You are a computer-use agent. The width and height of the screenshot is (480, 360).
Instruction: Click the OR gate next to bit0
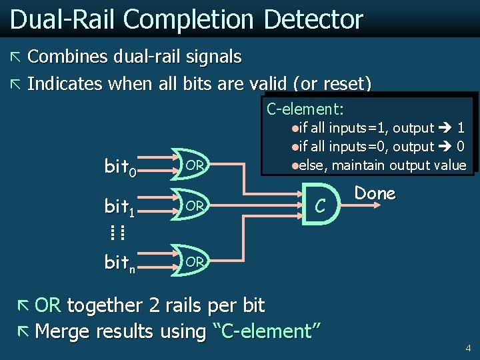click(193, 165)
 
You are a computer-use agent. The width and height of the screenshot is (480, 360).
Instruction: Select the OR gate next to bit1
click(193, 206)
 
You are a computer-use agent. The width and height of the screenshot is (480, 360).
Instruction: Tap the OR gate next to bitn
click(193, 262)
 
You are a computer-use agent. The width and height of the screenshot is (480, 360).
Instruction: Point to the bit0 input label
click(121, 166)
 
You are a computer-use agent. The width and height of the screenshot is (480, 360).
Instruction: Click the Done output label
click(375, 193)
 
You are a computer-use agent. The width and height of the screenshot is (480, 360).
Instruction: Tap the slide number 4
click(467, 347)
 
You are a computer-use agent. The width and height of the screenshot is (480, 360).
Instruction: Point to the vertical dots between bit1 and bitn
click(117, 233)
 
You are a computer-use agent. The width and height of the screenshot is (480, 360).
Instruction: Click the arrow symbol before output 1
click(445, 127)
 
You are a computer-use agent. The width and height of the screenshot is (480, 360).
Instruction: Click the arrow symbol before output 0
click(445, 146)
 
